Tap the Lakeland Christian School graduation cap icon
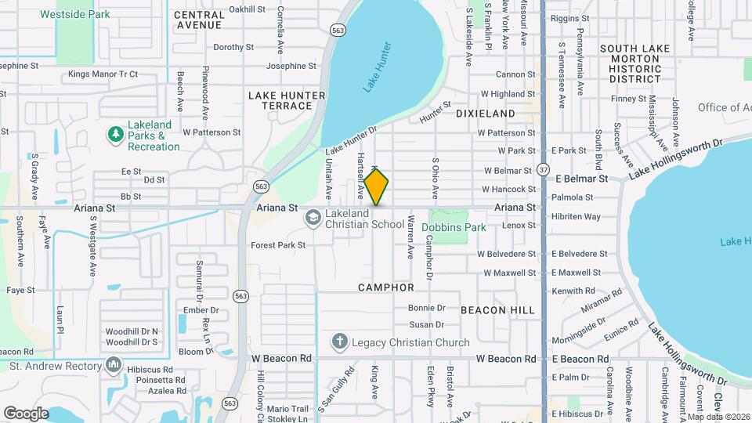pos(312,216)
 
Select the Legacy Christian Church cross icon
pos(338,342)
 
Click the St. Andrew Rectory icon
pos(114,364)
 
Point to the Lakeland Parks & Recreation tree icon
pos(116,135)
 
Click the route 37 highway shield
pos(543,169)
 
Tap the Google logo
pos(26,413)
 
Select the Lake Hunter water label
pos(377,78)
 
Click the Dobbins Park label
pos(454,227)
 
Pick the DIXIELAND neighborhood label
pos(486,114)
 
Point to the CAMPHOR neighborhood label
pos(386,287)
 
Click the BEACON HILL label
pos(497,310)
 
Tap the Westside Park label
pos(75,14)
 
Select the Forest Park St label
pos(277,244)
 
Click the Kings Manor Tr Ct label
pos(103,74)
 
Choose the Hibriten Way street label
pos(576,216)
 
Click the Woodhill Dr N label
pos(132,331)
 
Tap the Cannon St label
pos(515,74)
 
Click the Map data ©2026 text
pos(719,417)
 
